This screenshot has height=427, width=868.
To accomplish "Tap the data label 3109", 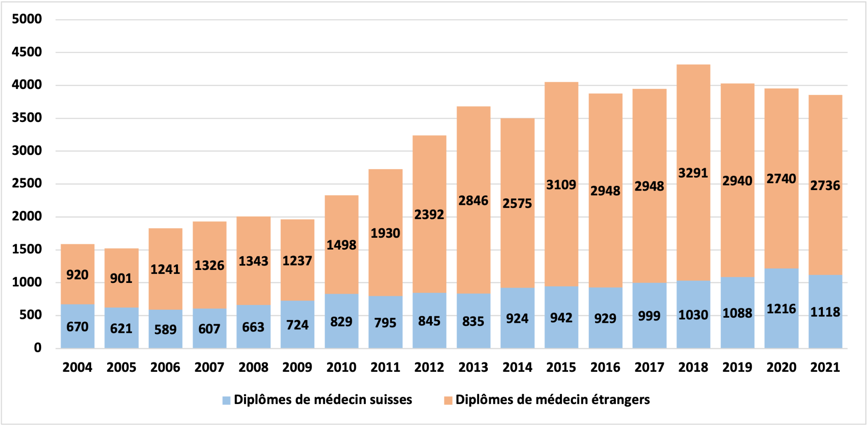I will [x=561, y=185].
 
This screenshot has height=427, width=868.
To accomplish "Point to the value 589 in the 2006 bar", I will [x=165, y=329].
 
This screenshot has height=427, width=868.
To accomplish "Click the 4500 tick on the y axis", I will [x=27, y=52].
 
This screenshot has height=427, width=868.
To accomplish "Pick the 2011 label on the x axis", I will [x=385, y=368].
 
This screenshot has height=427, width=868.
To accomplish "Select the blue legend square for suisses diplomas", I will [x=226, y=401].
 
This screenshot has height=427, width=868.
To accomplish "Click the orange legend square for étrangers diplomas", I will [x=448, y=401].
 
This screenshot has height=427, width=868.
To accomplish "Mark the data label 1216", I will [x=781, y=309].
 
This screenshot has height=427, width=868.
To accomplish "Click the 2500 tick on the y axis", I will [x=27, y=184].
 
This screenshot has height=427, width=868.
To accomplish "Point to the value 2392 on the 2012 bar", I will [x=429, y=215].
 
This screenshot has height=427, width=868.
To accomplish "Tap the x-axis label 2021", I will [x=825, y=368].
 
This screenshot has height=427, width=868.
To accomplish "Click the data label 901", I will [x=121, y=278].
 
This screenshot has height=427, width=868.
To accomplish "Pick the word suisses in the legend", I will [x=391, y=400].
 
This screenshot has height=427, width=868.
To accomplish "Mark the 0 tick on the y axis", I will [x=38, y=348].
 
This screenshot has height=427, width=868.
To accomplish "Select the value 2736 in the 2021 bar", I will [x=825, y=186].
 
